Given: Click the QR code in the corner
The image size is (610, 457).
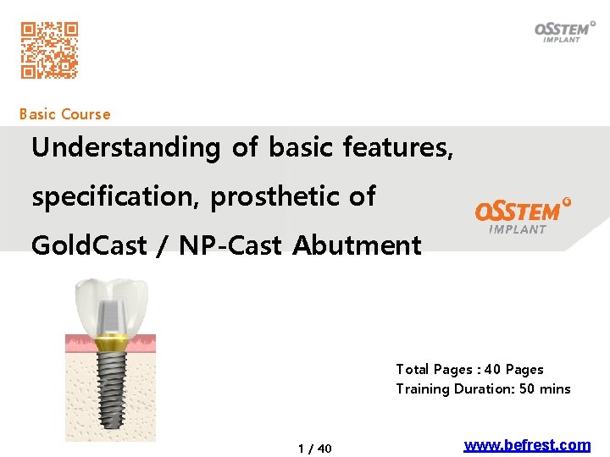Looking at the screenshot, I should pyautogui.click(x=50, y=50).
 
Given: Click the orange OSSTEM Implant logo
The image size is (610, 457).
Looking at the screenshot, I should pyautogui.click(x=522, y=215).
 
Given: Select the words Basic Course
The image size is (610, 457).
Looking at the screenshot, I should pyautogui.click(x=64, y=114).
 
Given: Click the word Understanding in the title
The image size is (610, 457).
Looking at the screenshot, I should pyautogui.click(x=125, y=148).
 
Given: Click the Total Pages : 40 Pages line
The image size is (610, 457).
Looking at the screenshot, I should pyautogui.click(x=469, y=370).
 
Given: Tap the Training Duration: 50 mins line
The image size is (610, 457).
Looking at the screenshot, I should pyautogui.click(x=483, y=389).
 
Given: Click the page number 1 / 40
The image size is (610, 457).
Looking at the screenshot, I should pyautogui.click(x=315, y=449).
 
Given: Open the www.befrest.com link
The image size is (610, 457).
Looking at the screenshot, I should pyautogui.click(x=527, y=445).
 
